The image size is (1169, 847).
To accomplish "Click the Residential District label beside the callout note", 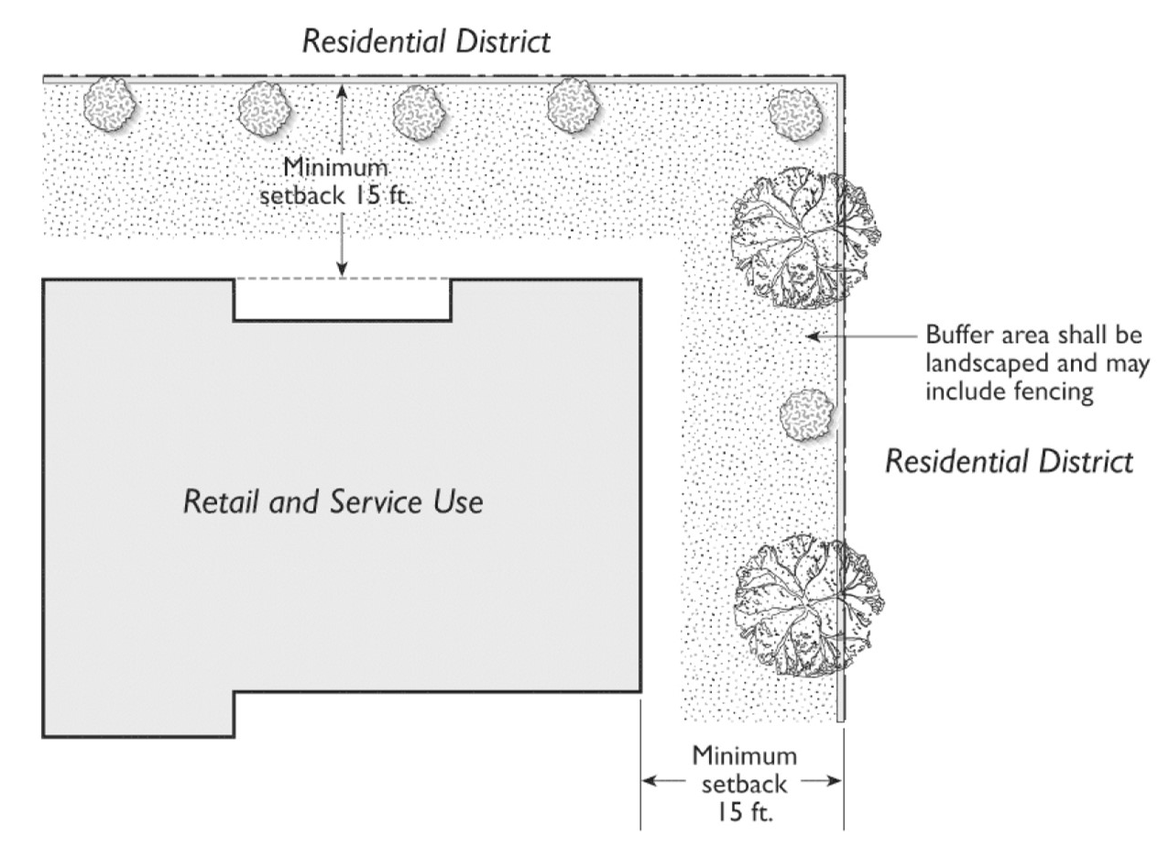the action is point(1009,461).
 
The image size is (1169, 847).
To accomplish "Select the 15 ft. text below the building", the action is point(744,811).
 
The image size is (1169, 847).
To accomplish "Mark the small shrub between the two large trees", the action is point(806,414).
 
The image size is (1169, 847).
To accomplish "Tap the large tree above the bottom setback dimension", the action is point(806,607).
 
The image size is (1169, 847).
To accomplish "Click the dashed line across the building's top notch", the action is point(342,279).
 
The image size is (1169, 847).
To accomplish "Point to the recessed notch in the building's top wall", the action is point(342,300).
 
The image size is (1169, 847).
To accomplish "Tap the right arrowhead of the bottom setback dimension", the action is point(835,782).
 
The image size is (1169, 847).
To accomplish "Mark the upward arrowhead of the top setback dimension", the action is point(342,90).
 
